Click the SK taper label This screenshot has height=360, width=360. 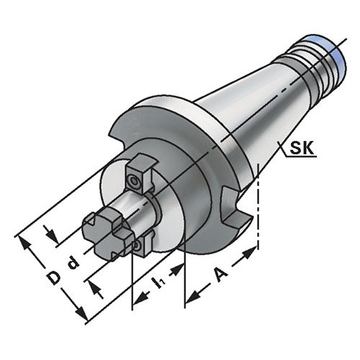pyautogui.click(x=302, y=148)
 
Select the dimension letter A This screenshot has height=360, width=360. pyautogui.click(x=220, y=275)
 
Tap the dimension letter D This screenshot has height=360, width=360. pyautogui.click(x=53, y=278)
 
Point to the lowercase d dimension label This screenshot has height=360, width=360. pyautogui.click(x=73, y=263)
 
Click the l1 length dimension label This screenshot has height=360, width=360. pyautogui.click(x=160, y=282)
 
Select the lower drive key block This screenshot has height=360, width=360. pyautogui.click(x=142, y=243)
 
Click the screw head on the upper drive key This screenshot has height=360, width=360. pyautogui.click(x=133, y=181)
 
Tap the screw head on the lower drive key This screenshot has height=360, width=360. pyautogui.click(x=138, y=246)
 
